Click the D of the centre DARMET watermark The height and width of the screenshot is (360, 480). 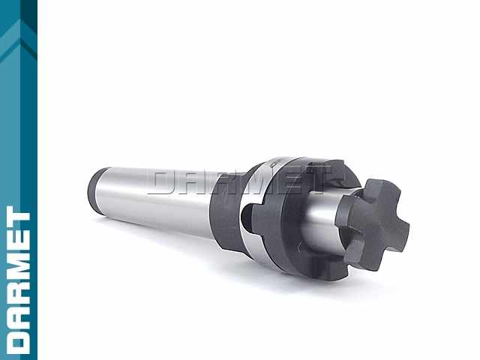164,182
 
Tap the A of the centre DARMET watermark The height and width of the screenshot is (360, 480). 195,182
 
